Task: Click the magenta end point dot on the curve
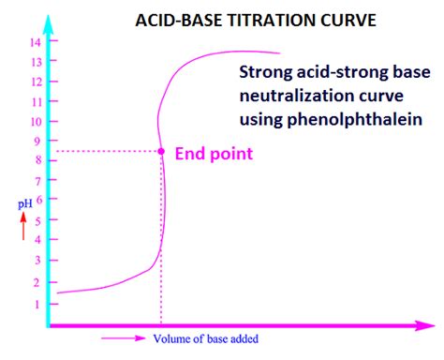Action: pyautogui.click(x=161, y=151)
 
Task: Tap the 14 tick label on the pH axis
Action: pyautogui.click(x=37, y=42)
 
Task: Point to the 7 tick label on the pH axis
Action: pyautogui.click(x=38, y=180)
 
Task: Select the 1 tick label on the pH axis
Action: pyautogui.click(x=38, y=304)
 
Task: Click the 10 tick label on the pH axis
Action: pyautogui.click(x=37, y=121)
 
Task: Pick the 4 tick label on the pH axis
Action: pyautogui.click(x=38, y=241)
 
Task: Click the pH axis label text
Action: pyautogui.click(x=22, y=202)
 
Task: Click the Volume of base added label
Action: pyautogui.click(x=206, y=338)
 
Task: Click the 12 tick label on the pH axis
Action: pyautogui.click(x=37, y=82)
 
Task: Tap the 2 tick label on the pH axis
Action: pyautogui.click(x=38, y=282)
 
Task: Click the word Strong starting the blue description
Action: pyautogui.click(x=264, y=73)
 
